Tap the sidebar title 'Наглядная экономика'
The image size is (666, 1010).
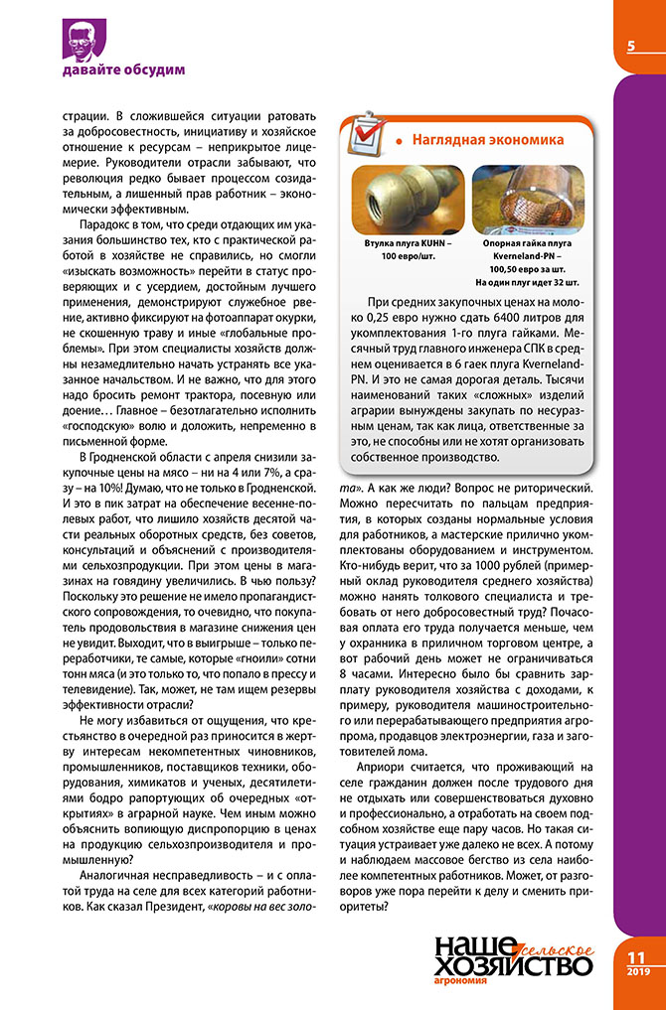[x=488, y=139]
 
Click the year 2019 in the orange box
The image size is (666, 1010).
[x=637, y=971]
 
